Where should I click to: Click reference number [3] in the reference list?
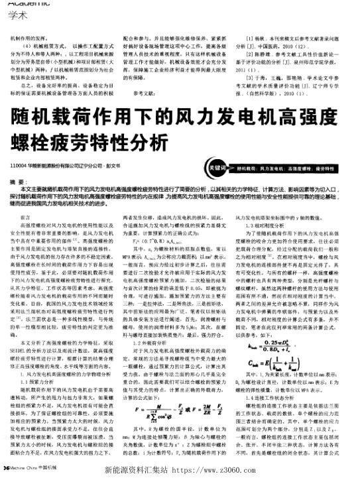point(250,78)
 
